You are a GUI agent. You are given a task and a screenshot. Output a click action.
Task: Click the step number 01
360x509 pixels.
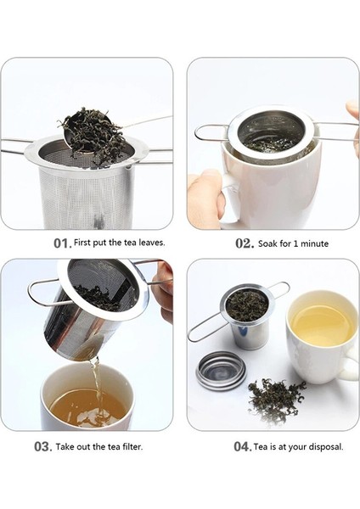point(62,243)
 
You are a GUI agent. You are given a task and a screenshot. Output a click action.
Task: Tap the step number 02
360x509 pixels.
point(245,243)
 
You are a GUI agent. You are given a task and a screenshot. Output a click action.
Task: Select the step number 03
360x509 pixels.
point(43,447)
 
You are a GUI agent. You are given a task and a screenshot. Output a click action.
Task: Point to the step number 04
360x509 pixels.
point(242,447)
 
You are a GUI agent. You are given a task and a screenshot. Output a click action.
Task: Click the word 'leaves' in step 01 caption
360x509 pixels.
point(152,243)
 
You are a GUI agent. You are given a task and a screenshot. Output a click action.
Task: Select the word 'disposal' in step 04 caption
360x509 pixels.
point(326,447)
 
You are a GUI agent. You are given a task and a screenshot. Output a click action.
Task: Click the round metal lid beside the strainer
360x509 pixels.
point(221,371)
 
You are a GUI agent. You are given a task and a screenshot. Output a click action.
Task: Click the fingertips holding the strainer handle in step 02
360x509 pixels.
point(353,111)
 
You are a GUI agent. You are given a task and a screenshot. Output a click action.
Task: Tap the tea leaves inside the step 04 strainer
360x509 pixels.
point(246,305)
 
